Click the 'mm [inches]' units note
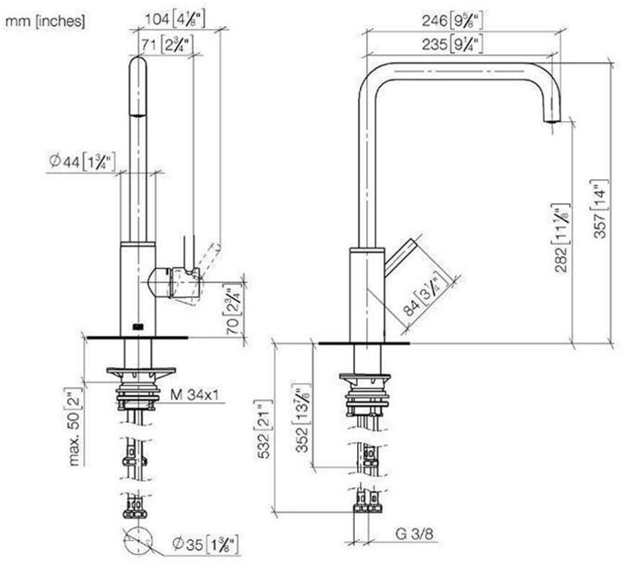tap(45, 21)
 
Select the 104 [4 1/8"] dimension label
tap(175, 19)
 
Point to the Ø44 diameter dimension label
tap(82, 161)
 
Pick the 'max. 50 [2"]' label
tap(75, 426)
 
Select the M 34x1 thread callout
tap(194, 394)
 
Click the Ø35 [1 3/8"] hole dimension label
tap(206, 544)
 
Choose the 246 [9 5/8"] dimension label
tap(452, 20)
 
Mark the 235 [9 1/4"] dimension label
tap(452, 44)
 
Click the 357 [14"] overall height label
tap(600, 209)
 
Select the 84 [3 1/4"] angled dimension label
tap(425, 293)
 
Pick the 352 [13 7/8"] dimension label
tap(303, 418)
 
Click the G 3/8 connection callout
tap(414, 534)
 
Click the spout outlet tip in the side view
tap(551, 120)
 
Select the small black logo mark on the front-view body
tap(138, 326)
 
